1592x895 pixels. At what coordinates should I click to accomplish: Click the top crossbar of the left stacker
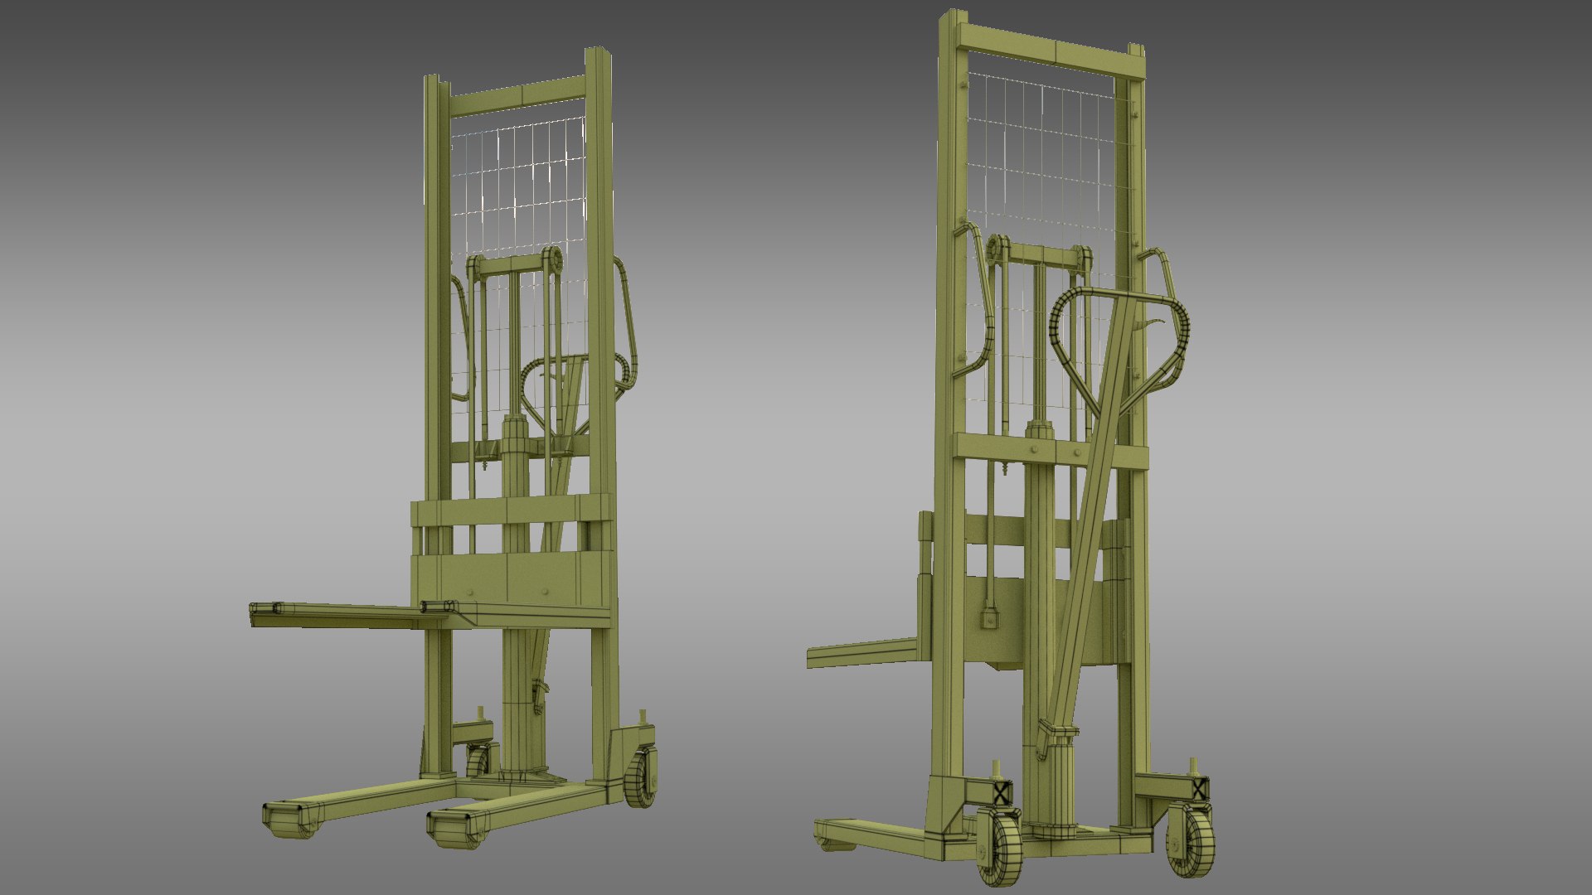click(x=518, y=94)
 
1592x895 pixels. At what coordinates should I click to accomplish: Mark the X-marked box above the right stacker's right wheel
click(x=1199, y=788)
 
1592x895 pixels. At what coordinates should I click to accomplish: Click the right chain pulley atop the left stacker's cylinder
click(x=551, y=260)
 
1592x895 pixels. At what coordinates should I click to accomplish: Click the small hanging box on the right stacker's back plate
click(x=988, y=618)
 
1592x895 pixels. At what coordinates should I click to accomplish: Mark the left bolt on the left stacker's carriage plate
click(x=470, y=592)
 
